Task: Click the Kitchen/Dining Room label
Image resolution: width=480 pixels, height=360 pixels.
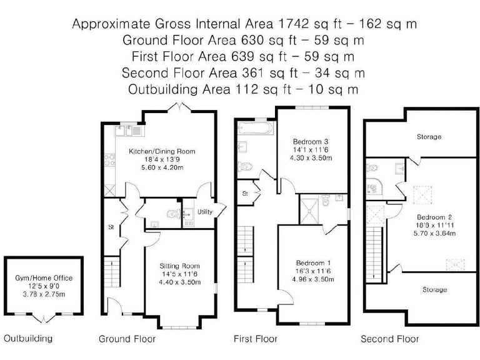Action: pyautogui.click(x=162, y=151)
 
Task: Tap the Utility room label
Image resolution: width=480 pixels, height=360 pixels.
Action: pyautogui.click(x=205, y=212)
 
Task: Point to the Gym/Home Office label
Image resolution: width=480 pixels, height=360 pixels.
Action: pyautogui.click(x=44, y=277)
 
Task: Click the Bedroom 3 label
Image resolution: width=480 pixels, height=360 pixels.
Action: pyautogui.click(x=312, y=141)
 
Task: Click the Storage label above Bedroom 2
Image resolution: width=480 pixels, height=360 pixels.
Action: pyautogui.click(x=429, y=136)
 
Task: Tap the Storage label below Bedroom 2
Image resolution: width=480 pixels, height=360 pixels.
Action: pyautogui.click(x=434, y=289)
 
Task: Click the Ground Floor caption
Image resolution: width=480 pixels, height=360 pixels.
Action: pyautogui.click(x=127, y=339)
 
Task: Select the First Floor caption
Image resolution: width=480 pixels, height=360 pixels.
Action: pyautogui.click(x=256, y=339)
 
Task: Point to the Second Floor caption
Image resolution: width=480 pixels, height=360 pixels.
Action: pyautogui.click(x=389, y=339)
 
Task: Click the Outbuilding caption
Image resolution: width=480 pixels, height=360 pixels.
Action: pyautogui.click(x=28, y=339)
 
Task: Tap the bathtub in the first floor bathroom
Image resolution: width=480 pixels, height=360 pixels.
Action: pyautogui.click(x=256, y=128)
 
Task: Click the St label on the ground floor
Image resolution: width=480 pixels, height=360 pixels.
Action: pyautogui.click(x=111, y=226)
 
